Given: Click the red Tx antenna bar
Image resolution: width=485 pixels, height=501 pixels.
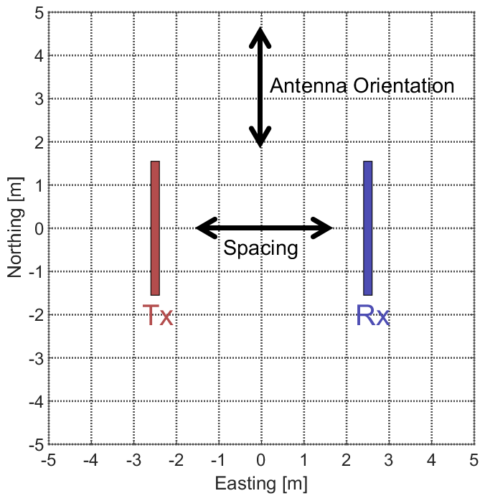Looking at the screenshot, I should [x=155, y=228].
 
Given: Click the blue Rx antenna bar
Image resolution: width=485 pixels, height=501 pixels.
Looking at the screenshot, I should [x=368, y=228].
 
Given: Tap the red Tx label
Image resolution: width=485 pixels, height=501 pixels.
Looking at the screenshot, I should [x=159, y=316].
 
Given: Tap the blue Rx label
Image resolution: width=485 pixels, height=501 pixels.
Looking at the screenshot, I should [x=373, y=316].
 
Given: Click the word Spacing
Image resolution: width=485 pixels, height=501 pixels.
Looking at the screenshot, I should [x=260, y=249].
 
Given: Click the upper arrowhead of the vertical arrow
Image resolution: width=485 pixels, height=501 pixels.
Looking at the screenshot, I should [x=260, y=36].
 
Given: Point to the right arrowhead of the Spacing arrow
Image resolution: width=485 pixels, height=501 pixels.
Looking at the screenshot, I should [x=324, y=228].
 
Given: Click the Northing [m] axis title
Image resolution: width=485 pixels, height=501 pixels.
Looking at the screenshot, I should [x=15, y=229].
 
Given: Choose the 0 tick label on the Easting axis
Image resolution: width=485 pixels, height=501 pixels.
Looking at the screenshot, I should [x=261, y=459].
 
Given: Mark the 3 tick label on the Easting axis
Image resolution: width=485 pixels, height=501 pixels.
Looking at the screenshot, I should [x=389, y=459].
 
